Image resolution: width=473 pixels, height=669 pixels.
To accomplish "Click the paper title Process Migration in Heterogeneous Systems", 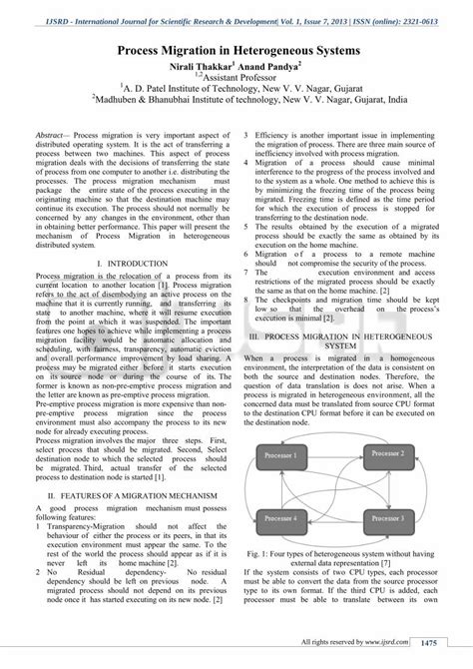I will (236, 46).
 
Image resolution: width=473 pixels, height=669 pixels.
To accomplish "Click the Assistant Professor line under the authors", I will (237, 74).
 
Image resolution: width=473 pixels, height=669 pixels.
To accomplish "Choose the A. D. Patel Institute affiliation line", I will (236, 86).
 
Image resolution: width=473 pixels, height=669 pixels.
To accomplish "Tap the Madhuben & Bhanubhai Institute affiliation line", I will (236, 99).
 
